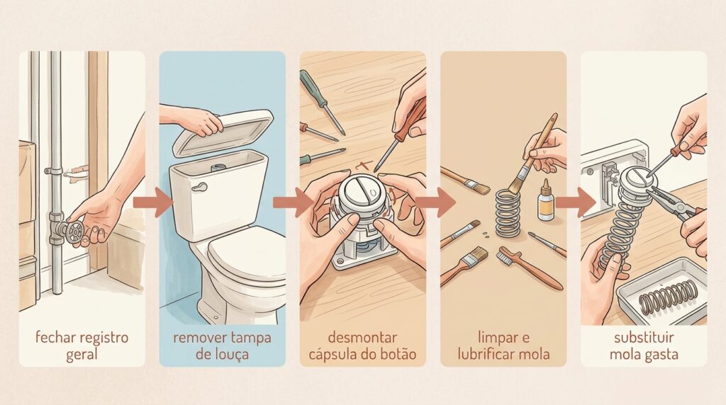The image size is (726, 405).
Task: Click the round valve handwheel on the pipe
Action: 74,231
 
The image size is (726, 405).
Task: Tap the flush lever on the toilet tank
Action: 200,187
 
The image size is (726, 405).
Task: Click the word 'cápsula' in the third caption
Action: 333,355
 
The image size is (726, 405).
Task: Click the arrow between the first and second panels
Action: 153,202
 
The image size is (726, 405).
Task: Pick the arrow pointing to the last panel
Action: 576,202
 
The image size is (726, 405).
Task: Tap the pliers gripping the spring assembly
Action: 676,203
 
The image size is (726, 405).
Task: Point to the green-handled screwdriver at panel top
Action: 323,102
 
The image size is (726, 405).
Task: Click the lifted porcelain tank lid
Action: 223,131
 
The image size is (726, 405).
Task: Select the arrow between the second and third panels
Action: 293,202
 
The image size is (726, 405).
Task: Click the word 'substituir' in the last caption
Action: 644,338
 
